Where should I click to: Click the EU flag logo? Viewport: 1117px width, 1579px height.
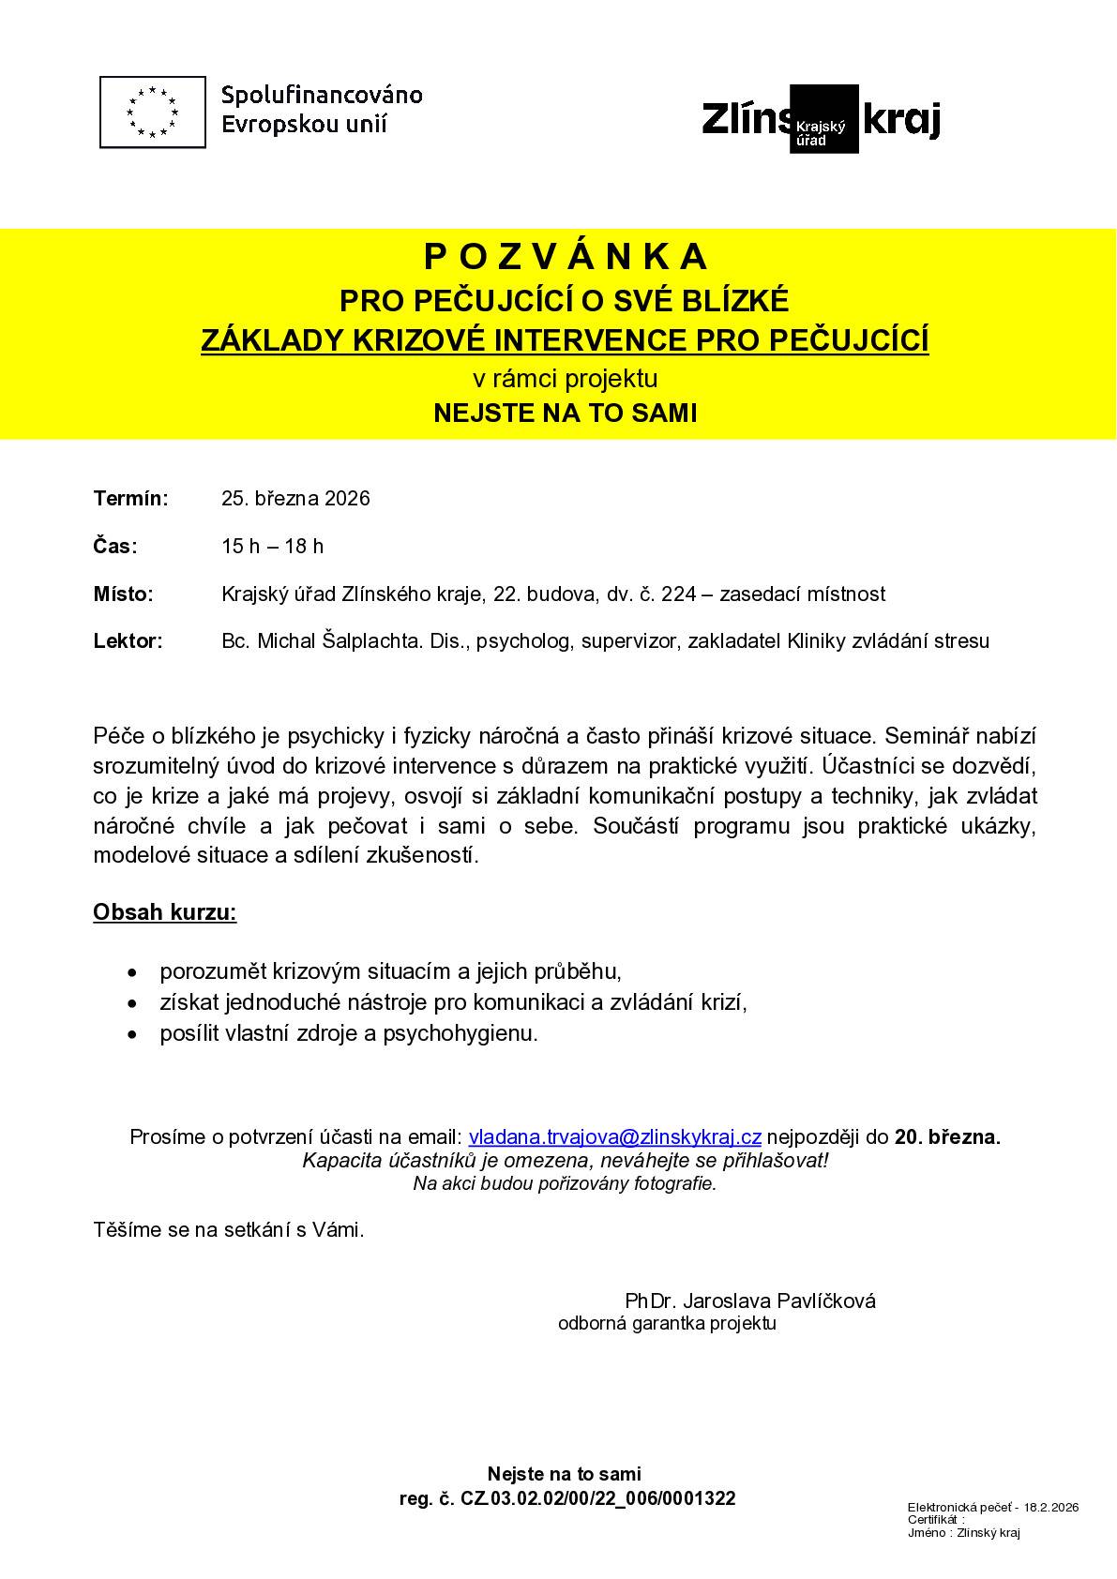[x=152, y=112]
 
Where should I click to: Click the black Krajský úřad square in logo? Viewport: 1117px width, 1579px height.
[x=823, y=119]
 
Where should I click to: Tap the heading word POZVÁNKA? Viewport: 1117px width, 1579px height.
[x=566, y=256]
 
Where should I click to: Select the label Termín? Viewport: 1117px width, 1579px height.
[x=130, y=498]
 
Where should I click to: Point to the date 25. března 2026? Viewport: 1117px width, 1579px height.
[x=295, y=498]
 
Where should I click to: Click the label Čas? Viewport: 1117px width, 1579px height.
[x=115, y=546]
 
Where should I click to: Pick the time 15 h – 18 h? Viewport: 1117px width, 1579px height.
[x=272, y=546]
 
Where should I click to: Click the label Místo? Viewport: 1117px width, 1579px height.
[x=123, y=594]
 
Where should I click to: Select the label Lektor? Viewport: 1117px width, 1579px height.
[x=128, y=641]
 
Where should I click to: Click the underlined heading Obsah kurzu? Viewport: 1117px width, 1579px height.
[x=164, y=912]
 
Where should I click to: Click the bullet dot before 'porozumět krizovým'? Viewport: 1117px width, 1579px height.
[x=136, y=971]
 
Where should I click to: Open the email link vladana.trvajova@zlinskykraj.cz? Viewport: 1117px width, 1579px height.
[x=614, y=1136]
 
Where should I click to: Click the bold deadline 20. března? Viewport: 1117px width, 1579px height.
[x=947, y=1136]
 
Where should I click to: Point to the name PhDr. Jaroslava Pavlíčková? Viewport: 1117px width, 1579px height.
[x=750, y=1301]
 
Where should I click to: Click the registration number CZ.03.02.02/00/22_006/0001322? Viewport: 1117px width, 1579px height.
[x=597, y=1498]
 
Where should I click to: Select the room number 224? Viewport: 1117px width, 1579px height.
[x=677, y=594]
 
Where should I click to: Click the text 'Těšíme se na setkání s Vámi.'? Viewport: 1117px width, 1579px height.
[x=229, y=1230]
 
